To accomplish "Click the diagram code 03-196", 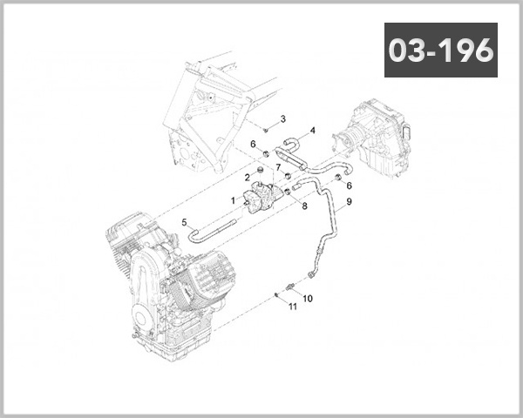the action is [440, 50].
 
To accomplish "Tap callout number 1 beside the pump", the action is [234, 200].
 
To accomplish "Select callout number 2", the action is [248, 178].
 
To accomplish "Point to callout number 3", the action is [282, 119].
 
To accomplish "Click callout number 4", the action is [312, 131].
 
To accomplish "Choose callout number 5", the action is [185, 222].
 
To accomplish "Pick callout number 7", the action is [278, 166].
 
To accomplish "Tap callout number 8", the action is [304, 206].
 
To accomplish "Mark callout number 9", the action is [349, 201].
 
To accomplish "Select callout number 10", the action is [308, 299].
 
